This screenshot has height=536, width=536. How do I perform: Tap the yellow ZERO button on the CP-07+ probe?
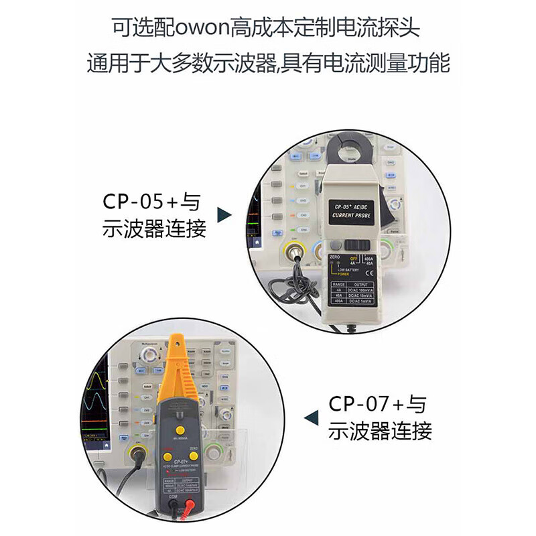tap(194, 456)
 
